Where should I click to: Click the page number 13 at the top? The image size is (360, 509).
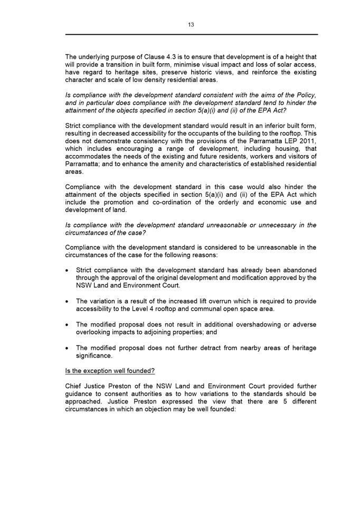tap(191, 24)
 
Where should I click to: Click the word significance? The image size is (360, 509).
tap(93, 356)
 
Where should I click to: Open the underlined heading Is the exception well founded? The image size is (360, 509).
tap(110, 371)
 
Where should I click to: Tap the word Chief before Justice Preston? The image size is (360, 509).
tap(74, 387)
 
